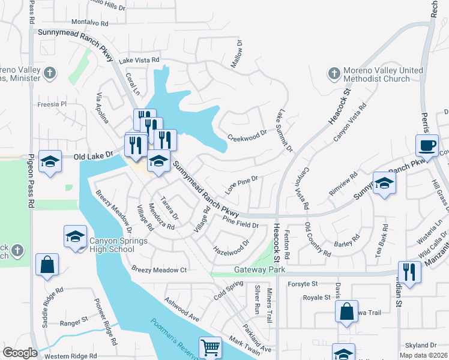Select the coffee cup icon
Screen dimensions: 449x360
(427, 146)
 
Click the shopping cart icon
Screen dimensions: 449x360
(210, 347)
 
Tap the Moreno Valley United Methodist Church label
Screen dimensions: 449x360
(383, 74)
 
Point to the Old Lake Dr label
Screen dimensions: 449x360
(93, 155)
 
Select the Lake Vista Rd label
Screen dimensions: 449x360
(139, 60)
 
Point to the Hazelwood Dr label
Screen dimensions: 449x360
(231, 247)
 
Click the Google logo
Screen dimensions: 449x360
(20, 353)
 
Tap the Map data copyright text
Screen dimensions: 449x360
(424, 356)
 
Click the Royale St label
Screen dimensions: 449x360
(316, 297)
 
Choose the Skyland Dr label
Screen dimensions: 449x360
(420, 345)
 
